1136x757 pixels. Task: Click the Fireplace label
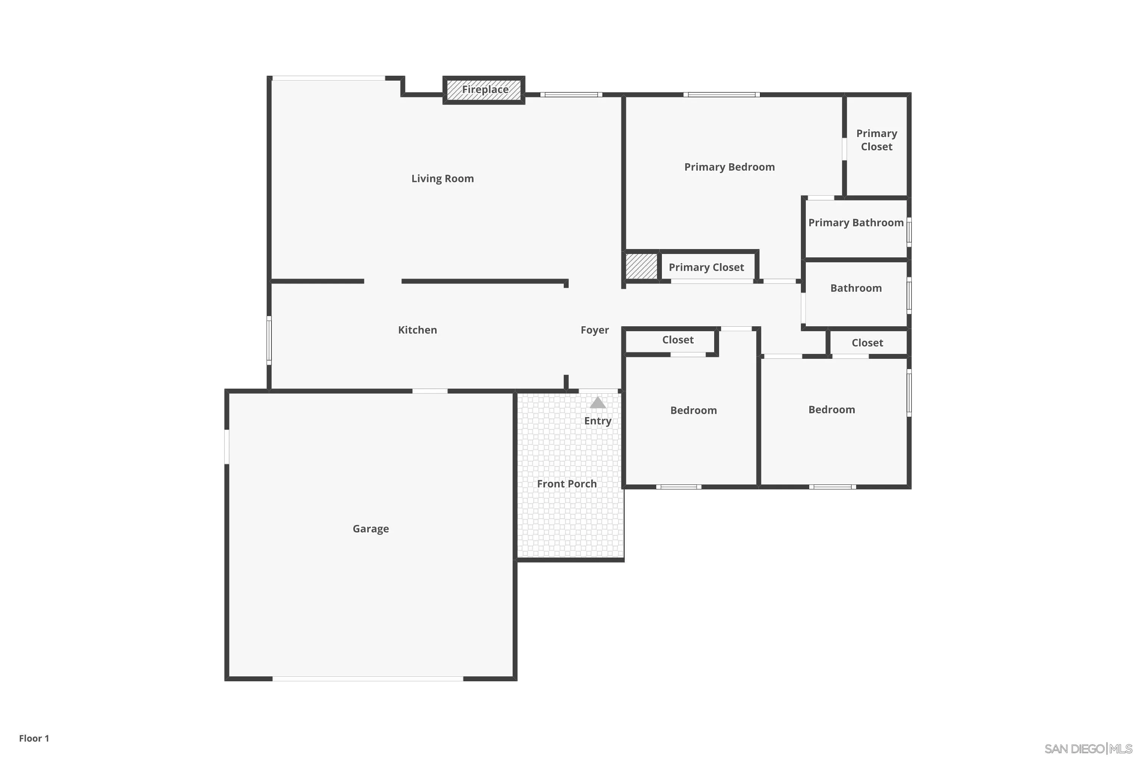485,90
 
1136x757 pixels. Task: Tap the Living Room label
442,179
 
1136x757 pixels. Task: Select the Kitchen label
417,330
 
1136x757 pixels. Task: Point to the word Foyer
595,330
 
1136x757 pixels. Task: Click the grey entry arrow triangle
598,403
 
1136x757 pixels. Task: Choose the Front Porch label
566,484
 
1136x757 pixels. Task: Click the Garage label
370,529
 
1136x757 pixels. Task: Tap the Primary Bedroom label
729,167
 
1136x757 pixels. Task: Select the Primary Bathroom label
856,223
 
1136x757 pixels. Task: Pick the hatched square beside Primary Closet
641,266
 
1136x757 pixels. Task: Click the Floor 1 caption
34,738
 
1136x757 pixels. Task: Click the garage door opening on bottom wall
368,679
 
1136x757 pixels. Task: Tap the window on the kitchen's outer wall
269,340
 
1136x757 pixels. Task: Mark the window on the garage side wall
226,447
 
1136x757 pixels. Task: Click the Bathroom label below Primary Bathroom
856,288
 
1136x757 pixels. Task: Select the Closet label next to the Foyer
678,340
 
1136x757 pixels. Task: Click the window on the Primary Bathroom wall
909,232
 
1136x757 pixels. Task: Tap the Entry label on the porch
598,421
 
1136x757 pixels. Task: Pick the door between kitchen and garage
430,391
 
